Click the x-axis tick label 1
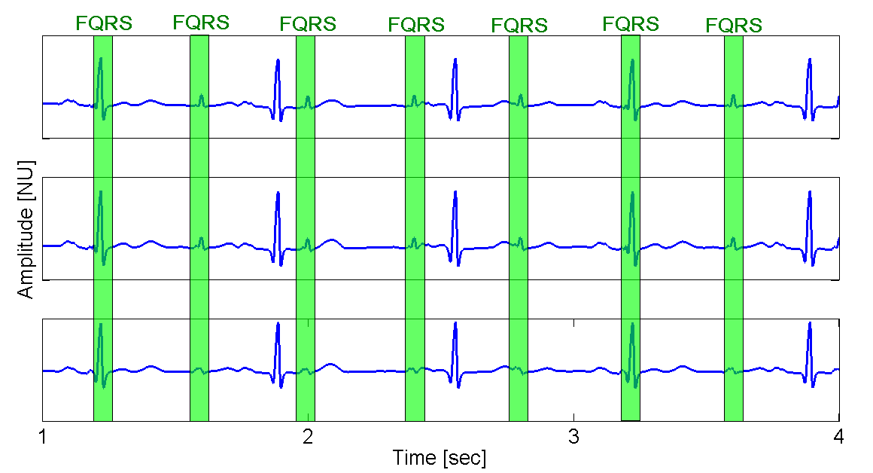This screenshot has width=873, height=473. [43, 436]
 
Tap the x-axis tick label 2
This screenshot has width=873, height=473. [308, 436]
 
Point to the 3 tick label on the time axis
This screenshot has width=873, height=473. [574, 436]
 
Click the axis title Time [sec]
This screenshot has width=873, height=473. [440, 457]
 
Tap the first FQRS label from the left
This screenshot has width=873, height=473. [104, 23]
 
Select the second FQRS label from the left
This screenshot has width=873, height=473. [201, 23]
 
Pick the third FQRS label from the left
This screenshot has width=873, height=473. [308, 23]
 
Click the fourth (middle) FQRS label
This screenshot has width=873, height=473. [416, 24]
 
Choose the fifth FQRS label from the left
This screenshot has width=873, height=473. [519, 26]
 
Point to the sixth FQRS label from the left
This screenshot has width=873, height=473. [631, 23]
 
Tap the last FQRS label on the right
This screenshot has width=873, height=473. [734, 26]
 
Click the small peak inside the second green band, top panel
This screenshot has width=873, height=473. [201, 96]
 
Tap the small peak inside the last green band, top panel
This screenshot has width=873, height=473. [733, 96]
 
